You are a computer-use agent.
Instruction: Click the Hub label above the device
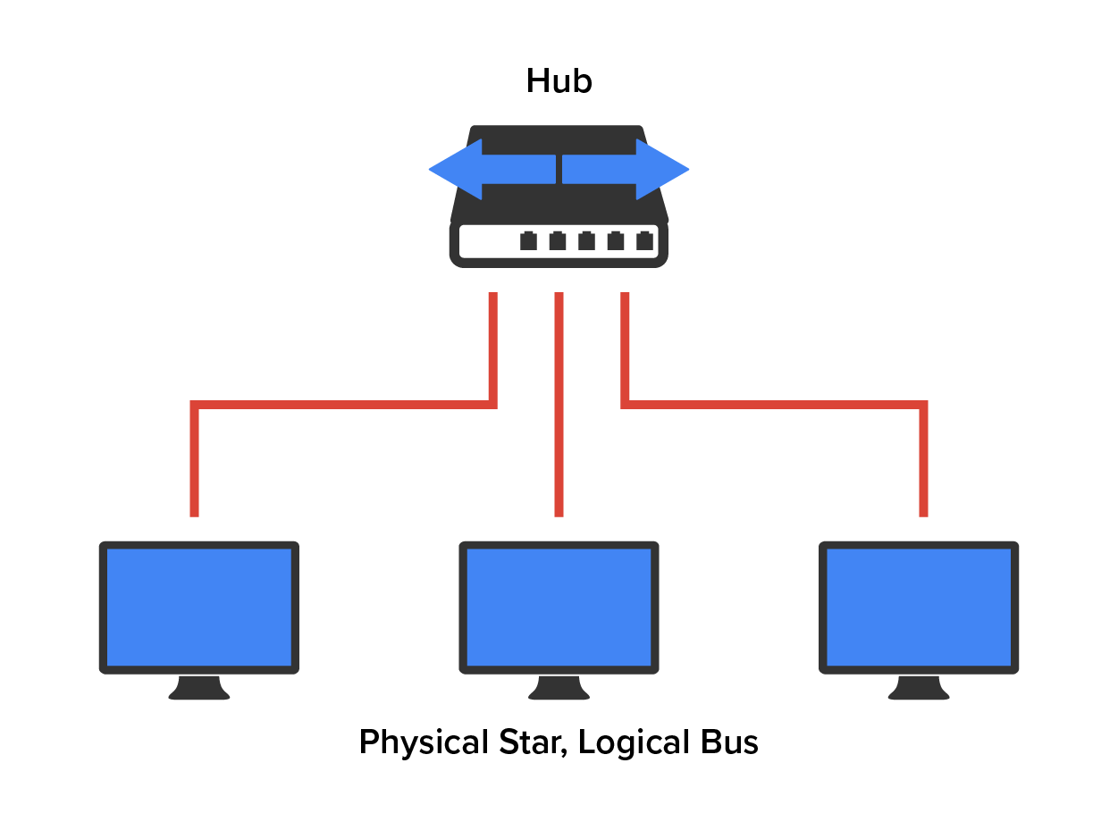[559, 81]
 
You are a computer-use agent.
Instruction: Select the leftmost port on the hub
[528, 240]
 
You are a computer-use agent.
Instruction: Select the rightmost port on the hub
[644, 240]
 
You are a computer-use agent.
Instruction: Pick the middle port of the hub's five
[586, 240]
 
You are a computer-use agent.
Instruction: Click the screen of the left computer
[198, 607]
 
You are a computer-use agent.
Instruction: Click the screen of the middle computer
[559, 607]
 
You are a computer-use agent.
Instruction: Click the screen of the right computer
[919, 607]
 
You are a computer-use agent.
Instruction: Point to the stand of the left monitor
[198, 688]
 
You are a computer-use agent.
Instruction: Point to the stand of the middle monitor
[559, 688]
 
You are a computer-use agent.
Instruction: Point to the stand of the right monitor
[919, 688]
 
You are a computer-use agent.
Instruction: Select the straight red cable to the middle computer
[559, 402]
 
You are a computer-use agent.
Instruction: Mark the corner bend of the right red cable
[922, 406]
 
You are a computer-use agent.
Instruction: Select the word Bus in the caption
[729, 742]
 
